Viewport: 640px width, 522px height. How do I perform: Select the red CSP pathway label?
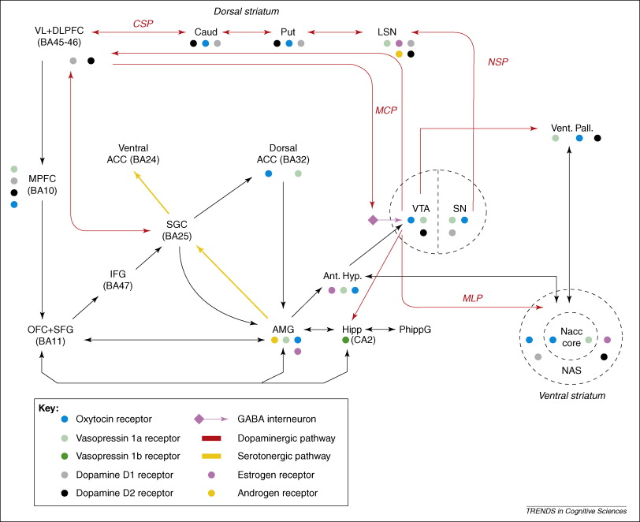pyautogui.click(x=142, y=23)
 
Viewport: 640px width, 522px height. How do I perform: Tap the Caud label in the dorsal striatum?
pyautogui.click(x=206, y=31)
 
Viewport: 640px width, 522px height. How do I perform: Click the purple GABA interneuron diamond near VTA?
pyautogui.click(x=373, y=220)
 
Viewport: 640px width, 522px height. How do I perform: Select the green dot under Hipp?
pyautogui.click(x=346, y=340)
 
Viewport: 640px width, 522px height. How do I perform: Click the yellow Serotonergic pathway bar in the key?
pyautogui.click(x=212, y=456)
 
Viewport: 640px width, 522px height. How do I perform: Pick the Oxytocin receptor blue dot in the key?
pyautogui.click(x=53, y=418)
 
